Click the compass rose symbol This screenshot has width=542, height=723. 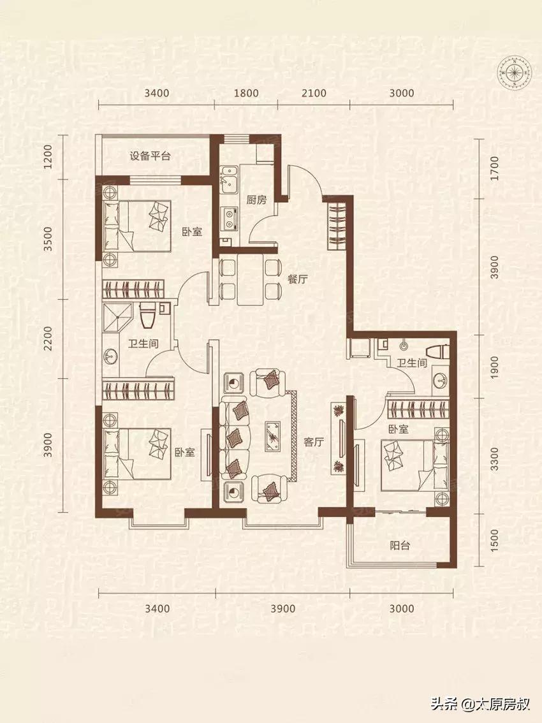[x=513, y=72]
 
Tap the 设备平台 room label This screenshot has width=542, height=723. [x=150, y=156]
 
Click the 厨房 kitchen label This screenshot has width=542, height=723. [x=256, y=200]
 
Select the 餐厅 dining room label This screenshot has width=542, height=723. [x=298, y=279]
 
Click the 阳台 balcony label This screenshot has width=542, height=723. [x=400, y=546]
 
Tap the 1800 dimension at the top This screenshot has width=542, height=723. [x=246, y=93]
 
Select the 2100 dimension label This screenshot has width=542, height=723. [x=314, y=93]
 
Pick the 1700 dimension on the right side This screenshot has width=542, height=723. [x=494, y=169]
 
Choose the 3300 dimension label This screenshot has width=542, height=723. [x=494, y=459]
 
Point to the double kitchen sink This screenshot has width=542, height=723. [x=229, y=179]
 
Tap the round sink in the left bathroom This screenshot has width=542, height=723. [x=110, y=356]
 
